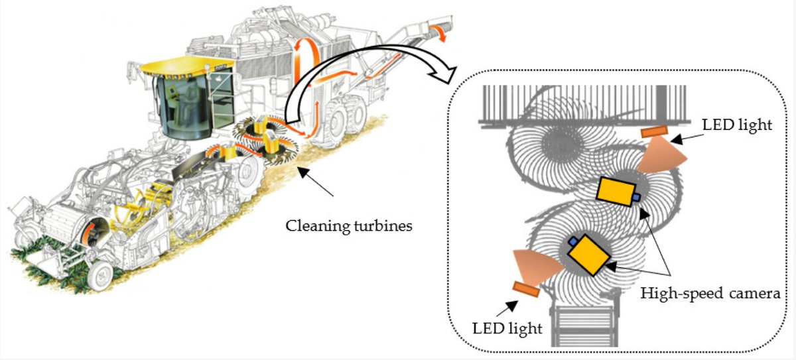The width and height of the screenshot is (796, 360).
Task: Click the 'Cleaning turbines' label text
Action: [349, 226]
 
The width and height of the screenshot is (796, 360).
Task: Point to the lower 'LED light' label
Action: [507, 328]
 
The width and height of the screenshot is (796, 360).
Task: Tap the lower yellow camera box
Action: [588, 255]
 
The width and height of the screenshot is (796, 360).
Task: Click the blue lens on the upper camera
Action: [635, 197]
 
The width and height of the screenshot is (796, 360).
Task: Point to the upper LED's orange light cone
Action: [656, 159]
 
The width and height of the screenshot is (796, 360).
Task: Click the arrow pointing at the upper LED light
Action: [683, 139]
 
